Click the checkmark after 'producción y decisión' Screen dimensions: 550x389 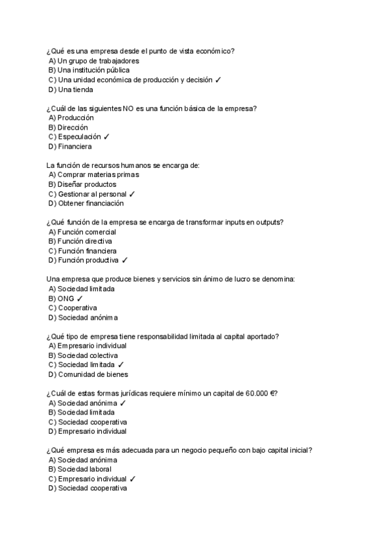pyautogui.click(x=218, y=80)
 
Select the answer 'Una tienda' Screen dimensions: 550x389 pyautogui.click(x=75, y=90)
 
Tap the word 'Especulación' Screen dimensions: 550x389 pyautogui.click(x=79, y=137)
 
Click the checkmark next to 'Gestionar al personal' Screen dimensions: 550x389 pyautogui.click(x=132, y=194)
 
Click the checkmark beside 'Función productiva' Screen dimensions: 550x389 pyautogui.click(x=124, y=260)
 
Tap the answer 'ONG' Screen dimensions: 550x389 pyautogui.click(x=66, y=298)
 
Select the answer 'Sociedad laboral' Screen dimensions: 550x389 pyautogui.click(x=84, y=469)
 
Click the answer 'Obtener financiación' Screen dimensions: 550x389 pyautogui.click(x=91, y=203)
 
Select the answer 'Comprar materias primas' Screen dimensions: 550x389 pyautogui.click(x=99, y=175)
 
